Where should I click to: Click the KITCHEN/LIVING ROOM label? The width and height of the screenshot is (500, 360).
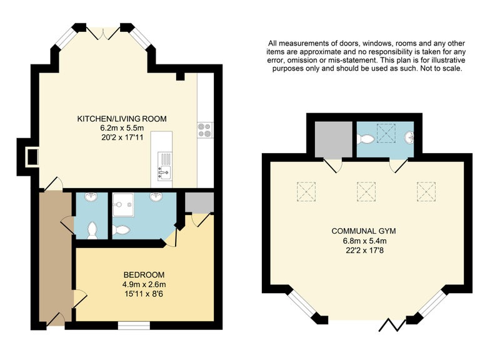click(x=122, y=119)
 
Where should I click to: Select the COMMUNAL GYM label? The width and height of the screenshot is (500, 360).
click(x=364, y=231)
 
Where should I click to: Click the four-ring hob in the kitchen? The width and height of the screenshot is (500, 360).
click(x=205, y=130)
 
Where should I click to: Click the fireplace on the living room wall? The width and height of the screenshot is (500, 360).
click(x=32, y=157)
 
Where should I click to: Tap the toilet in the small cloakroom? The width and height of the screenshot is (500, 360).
click(x=92, y=230)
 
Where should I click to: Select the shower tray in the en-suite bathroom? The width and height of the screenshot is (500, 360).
click(x=123, y=204)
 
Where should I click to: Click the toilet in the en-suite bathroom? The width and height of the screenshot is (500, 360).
click(x=121, y=230)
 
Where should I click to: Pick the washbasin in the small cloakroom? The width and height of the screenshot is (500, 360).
click(x=91, y=196)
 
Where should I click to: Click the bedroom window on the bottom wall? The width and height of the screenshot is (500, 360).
click(x=134, y=325)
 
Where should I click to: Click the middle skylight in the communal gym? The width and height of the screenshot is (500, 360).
click(x=366, y=191)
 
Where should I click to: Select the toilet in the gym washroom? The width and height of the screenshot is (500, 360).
click(x=365, y=139)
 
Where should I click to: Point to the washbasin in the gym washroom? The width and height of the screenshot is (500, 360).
click(x=409, y=137)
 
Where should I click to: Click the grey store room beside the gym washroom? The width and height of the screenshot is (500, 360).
click(x=334, y=139)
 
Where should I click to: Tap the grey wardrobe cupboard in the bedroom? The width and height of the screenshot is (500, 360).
click(x=199, y=202)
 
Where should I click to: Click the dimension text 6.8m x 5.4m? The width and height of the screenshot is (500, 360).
click(x=364, y=241)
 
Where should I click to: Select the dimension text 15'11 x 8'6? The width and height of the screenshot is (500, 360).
click(x=144, y=294)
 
